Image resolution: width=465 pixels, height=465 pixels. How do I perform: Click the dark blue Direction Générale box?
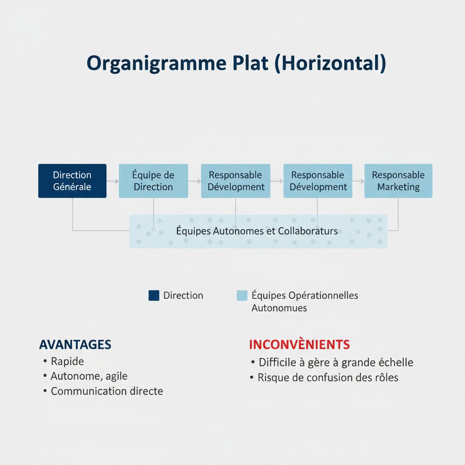click(x=72, y=181)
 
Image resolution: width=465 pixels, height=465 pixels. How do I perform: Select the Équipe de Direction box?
click(x=153, y=181)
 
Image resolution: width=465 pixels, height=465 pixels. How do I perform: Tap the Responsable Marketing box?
click(x=398, y=181)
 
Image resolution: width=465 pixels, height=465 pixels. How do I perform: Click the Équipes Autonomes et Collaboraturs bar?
click(x=258, y=231)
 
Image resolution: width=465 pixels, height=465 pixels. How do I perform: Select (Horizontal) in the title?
click(x=330, y=63)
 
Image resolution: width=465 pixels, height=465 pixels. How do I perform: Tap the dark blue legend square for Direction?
click(x=154, y=296)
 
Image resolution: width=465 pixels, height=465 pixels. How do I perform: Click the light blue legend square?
click(x=242, y=296)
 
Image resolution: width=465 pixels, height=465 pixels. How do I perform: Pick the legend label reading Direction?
click(x=183, y=296)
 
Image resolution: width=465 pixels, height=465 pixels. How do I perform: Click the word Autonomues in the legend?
click(x=279, y=308)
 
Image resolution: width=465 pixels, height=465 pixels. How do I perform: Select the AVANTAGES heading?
click(x=75, y=344)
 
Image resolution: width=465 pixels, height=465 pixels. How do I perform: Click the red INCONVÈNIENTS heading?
click(x=299, y=344)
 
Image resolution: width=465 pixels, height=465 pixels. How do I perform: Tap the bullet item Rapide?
click(x=67, y=361)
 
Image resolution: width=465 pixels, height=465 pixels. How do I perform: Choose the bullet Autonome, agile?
click(x=89, y=376)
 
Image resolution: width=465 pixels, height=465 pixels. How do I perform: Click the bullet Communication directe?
click(x=107, y=391)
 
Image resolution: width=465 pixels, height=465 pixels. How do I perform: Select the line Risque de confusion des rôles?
click(x=328, y=377)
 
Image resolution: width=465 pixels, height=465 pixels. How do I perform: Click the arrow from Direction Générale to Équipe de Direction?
click(x=113, y=181)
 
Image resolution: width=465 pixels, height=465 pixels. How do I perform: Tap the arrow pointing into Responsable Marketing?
click(x=358, y=181)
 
